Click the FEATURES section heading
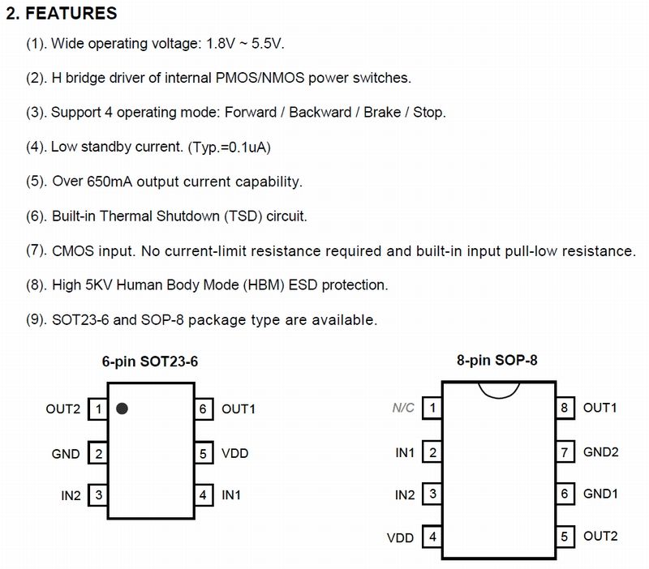click(62, 13)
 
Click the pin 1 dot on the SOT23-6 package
click(122, 409)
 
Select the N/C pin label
click(403, 409)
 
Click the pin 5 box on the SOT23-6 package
click(204, 453)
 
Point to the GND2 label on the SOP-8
click(600, 452)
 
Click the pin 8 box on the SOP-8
click(565, 409)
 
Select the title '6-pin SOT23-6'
click(150, 362)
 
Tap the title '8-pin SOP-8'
click(497, 360)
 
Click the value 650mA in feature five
click(110, 182)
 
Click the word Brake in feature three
click(382, 113)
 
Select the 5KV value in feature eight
click(99, 285)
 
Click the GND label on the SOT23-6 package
click(66, 454)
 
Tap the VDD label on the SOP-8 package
click(400, 538)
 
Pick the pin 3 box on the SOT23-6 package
click(98, 495)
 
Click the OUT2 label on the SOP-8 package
click(600, 537)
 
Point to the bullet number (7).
click(36, 250)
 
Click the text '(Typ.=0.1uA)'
click(230, 148)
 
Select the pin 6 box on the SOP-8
click(565, 494)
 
